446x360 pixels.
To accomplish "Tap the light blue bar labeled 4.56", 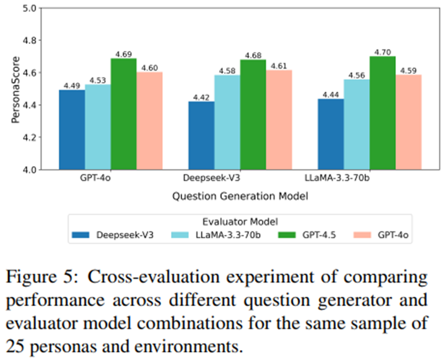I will point(357,124).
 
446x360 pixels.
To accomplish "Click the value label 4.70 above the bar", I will point(383,51).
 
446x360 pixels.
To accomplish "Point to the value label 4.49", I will point(72,86).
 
